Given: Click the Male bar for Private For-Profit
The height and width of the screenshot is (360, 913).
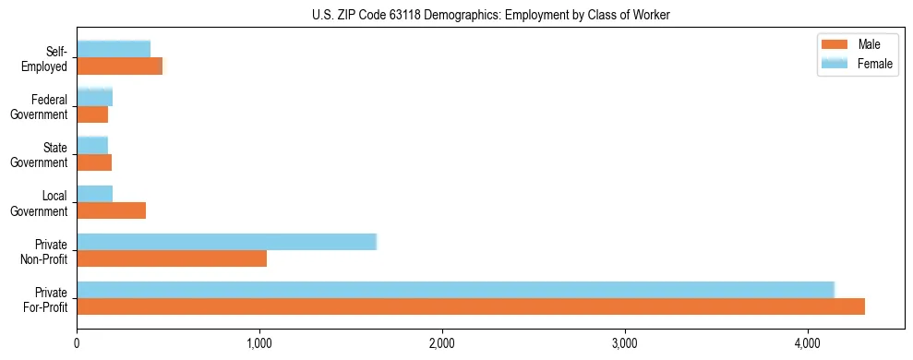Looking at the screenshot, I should tap(471, 306).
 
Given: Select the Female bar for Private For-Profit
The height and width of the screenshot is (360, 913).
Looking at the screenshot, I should tap(455, 289).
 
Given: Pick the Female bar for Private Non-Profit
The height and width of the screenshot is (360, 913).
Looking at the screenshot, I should tap(226, 242).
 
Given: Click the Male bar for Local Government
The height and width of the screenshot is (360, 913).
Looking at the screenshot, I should tap(111, 210).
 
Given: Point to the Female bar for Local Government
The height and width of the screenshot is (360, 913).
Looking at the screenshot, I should tap(94, 193).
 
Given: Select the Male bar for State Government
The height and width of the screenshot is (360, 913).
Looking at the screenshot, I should tap(94, 162).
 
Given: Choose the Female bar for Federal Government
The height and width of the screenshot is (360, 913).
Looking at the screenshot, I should tap(94, 97).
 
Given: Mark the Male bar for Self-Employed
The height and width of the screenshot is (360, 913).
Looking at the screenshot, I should tap(119, 66).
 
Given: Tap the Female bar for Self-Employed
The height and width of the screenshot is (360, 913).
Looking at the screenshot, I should tap(114, 49).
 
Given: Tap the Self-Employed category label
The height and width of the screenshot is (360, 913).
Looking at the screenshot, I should tap(50, 58).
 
